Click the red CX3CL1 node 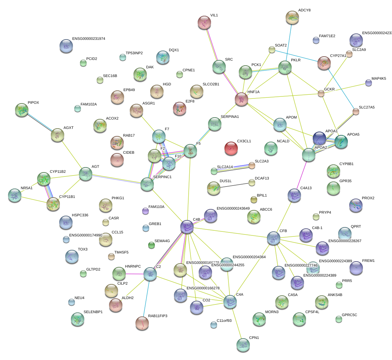coord(231,148)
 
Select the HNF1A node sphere coord(241,99)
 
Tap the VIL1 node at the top coord(204,22)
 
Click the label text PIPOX coord(33,103)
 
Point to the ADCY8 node coord(292,17)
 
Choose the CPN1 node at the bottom coord(243,345)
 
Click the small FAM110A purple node coord(145,211)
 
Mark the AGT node coord(86,174)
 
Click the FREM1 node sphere coord(356,268)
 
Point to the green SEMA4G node coord(152,245)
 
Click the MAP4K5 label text coord(379,79)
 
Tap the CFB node coord(274,238)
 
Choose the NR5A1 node coord(14,195)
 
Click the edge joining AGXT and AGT coord(71,154)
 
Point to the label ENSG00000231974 coord(89,39)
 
